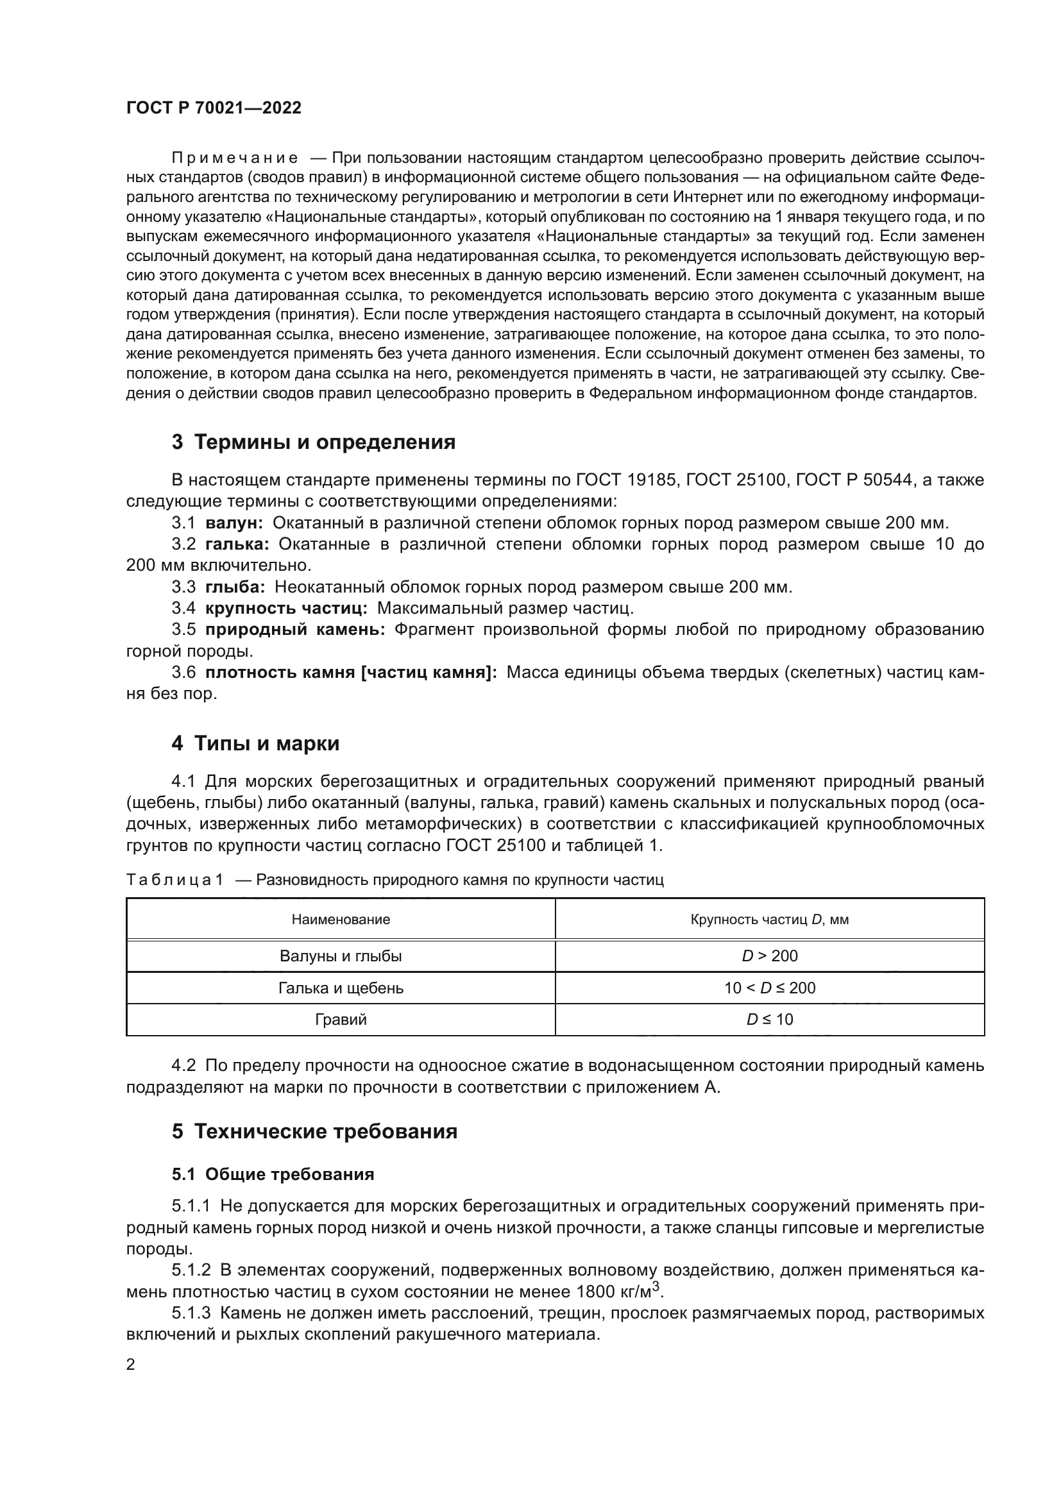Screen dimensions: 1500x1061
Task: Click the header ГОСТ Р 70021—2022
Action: (214, 108)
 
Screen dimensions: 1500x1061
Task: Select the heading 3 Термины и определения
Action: (314, 442)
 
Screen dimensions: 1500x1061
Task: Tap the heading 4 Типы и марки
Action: (255, 743)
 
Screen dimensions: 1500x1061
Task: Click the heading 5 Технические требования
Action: (314, 1131)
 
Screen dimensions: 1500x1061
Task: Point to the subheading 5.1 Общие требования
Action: (273, 1174)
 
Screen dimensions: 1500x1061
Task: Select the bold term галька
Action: (237, 544)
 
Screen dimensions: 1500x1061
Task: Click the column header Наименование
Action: (341, 919)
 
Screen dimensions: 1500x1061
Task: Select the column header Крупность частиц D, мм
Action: (770, 919)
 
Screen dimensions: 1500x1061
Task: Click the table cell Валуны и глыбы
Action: (341, 956)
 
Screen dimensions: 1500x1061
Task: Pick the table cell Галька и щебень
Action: (341, 988)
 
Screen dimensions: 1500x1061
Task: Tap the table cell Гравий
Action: (341, 1019)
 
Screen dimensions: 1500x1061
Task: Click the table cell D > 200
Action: (770, 956)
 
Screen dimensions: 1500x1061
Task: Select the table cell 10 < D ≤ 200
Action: (770, 988)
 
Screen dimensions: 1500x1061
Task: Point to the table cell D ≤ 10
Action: (770, 1019)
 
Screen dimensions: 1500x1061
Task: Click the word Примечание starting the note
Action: (235, 158)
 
